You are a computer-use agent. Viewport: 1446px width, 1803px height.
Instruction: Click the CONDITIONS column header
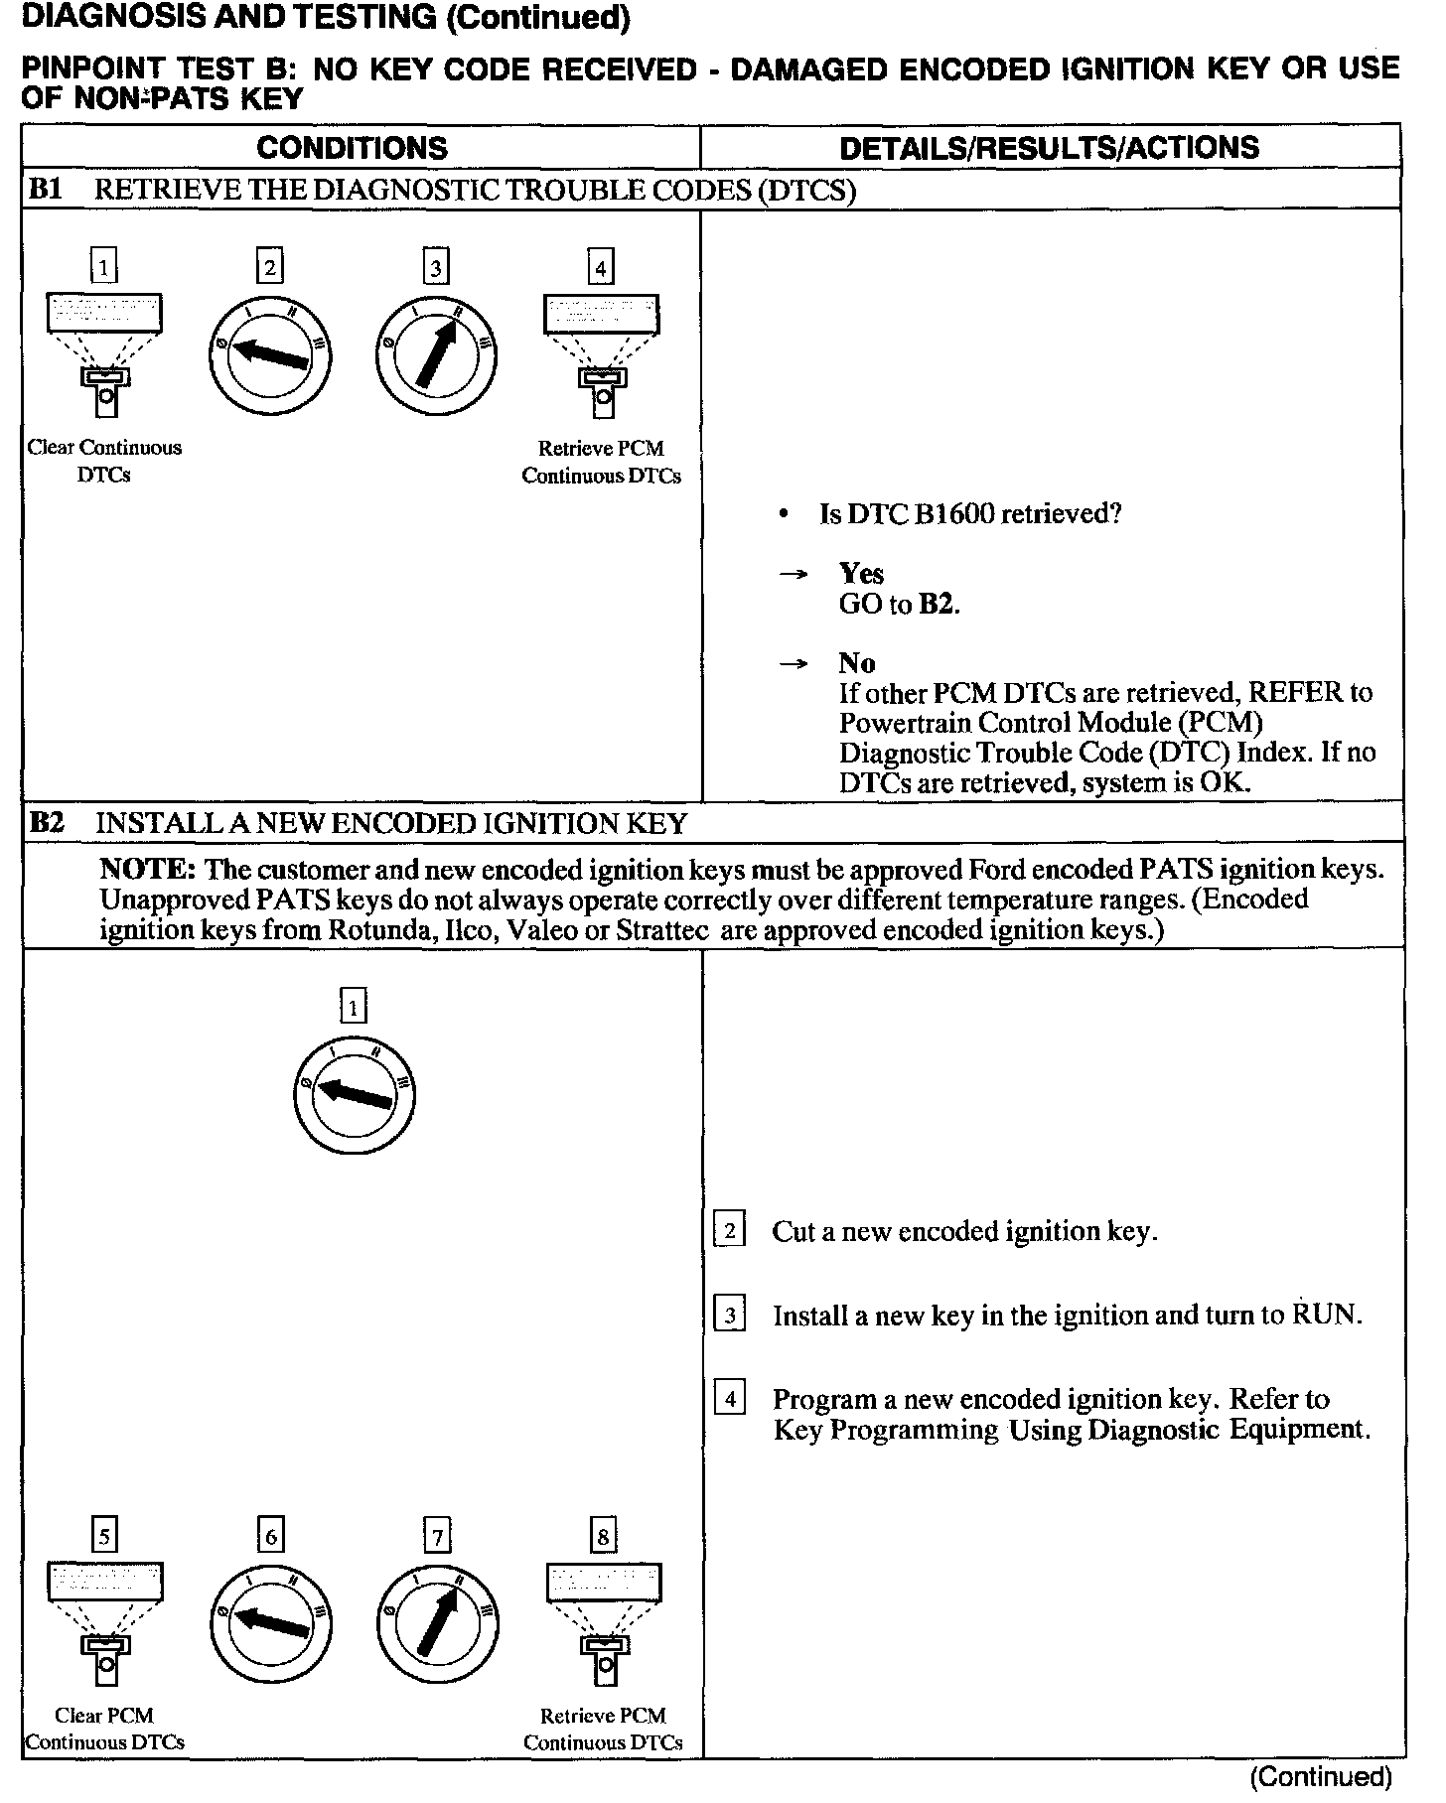[352, 148]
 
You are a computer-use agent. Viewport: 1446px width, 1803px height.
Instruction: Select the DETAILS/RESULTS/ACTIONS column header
[1049, 148]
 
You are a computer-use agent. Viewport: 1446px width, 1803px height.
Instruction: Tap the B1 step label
[46, 190]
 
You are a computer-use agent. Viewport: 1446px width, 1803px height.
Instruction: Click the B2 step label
[47, 823]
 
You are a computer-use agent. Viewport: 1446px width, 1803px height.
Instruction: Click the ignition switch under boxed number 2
[270, 355]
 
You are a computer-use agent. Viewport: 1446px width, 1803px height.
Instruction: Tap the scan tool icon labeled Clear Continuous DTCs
[103, 352]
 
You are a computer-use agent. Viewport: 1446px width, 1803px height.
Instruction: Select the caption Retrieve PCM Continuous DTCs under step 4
[601, 463]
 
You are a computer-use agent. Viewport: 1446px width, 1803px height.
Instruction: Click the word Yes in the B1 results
[861, 574]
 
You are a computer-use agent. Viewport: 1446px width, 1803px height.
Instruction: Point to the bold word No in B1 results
[856, 663]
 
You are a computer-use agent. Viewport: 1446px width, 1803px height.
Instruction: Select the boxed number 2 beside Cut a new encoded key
[730, 1231]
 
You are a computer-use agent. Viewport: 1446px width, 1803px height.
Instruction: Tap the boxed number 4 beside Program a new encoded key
[730, 1399]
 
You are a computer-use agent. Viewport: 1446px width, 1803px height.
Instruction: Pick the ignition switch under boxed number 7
[437, 1625]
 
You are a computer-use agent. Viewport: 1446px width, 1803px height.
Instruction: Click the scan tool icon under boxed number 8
[603, 1623]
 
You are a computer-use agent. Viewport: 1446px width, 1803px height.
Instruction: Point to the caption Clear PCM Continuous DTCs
[104, 1729]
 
